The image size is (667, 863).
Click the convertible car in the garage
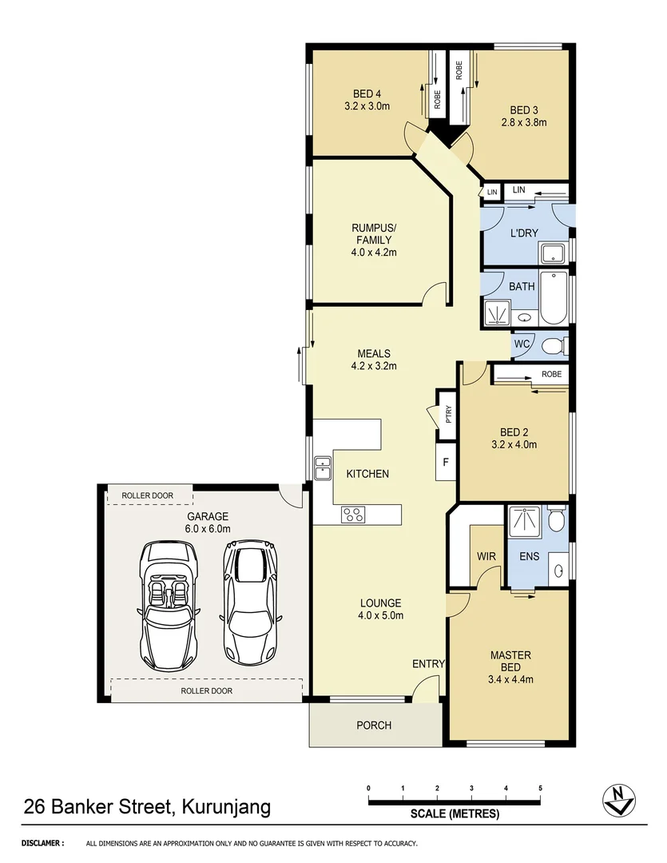click(x=169, y=606)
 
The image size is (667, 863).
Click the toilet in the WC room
click(x=552, y=345)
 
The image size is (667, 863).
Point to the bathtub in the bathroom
click(x=553, y=298)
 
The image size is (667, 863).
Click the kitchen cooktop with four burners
click(x=353, y=515)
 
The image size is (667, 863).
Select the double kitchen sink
click(x=323, y=467)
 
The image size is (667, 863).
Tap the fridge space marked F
click(x=445, y=463)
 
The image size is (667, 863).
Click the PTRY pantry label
click(x=448, y=414)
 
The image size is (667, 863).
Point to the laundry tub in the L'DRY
click(x=553, y=255)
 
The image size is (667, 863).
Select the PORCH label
click(x=374, y=726)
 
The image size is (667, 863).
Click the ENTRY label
click(x=428, y=664)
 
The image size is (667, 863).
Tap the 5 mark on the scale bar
click(x=540, y=789)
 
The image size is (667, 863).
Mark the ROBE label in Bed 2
click(x=550, y=374)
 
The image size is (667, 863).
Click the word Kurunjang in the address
click(x=227, y=806)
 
